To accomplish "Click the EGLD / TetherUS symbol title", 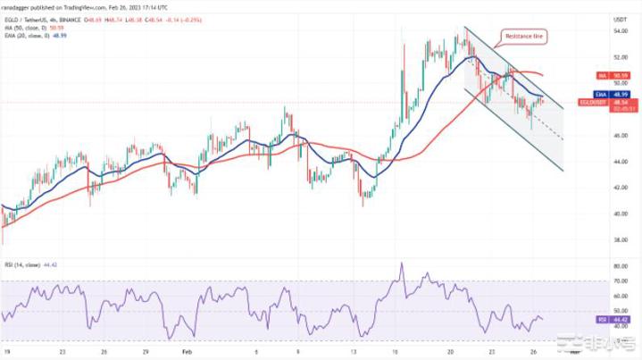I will click(x=63, y=17).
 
